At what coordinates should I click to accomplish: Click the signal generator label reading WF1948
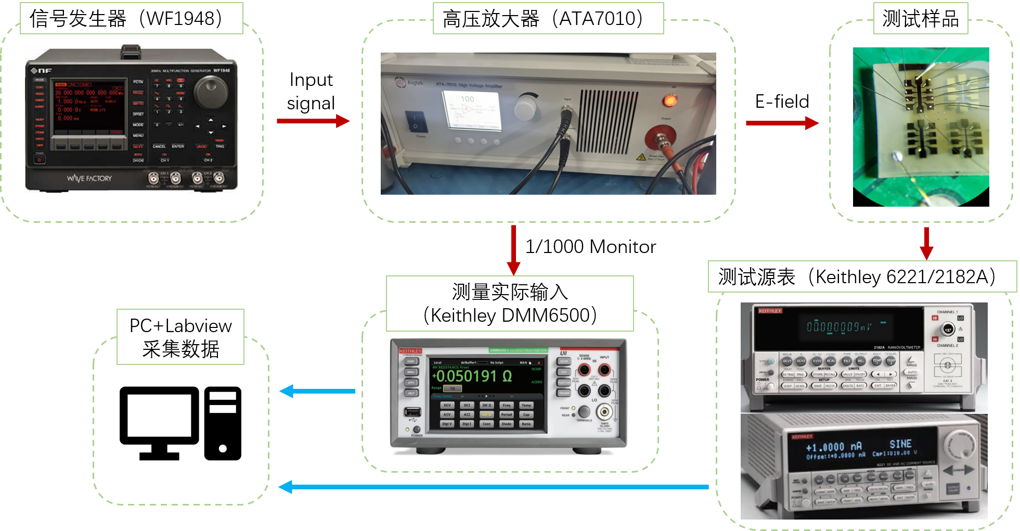131,19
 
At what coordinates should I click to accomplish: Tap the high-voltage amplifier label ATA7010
548,19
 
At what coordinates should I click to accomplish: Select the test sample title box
920,19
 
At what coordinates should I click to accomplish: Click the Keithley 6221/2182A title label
862,276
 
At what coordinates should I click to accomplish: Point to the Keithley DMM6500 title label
510,304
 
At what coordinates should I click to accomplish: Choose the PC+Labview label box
180,337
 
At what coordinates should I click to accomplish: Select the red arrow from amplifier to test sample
782,123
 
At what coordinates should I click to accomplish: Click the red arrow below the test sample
926,243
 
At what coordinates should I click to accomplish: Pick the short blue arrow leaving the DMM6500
317,391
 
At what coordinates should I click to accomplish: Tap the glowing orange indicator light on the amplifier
670,100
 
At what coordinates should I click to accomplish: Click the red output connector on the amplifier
660,139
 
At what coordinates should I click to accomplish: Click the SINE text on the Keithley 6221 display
900,444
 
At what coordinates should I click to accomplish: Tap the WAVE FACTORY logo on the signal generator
89,179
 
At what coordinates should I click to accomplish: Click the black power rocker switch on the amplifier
416,121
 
